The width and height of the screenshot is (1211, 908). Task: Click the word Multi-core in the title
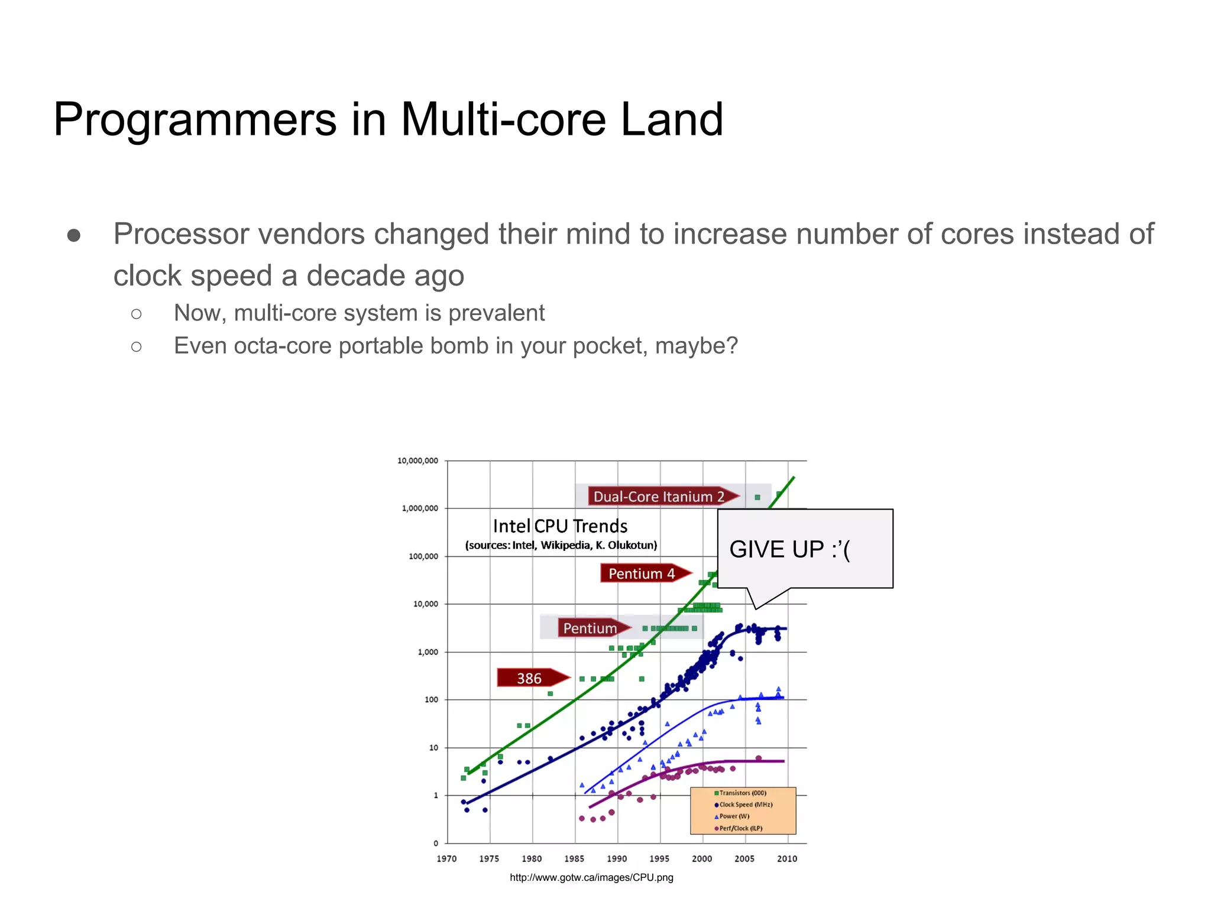(x=503, y=119)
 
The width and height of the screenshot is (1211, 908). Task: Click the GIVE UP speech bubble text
(x=789, y=549)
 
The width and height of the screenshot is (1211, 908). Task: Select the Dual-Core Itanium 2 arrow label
(x=659, y=497)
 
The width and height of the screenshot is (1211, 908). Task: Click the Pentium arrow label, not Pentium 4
(x=590, y=628)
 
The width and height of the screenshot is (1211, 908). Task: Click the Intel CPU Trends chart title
(x=560, y=526)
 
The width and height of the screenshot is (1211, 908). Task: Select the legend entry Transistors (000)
(x=742, y=793)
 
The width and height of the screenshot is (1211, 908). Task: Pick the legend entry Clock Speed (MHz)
(x=745, y=805)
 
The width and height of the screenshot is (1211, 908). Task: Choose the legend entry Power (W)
(x=734, y=816)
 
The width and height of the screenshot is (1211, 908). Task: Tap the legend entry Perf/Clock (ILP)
(x=740, y=828)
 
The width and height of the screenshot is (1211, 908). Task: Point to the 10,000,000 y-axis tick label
(x=417, y=461)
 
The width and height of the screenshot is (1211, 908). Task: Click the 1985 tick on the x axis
(x=574, y=858)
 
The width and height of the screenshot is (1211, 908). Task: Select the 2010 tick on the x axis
(x=786, y=858)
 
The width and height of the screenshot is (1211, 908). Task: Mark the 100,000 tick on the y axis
(x=423, y=556)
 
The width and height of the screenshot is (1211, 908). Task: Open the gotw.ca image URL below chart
(x=591, y=877)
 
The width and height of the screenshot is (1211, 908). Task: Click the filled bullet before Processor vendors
(x=74, y=236)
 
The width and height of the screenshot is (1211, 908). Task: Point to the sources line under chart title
(x=561, y=545)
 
